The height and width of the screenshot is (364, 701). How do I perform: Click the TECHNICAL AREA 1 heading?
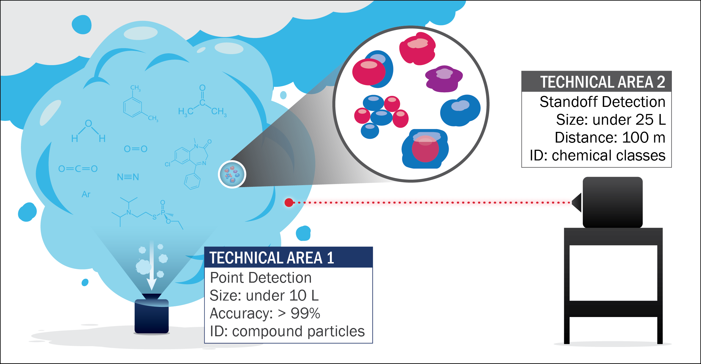[272, 258]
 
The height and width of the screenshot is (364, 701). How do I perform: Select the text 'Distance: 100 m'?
[610, 137]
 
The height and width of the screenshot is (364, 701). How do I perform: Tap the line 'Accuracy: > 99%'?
[265, 313]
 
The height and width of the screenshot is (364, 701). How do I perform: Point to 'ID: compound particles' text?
[287, 331]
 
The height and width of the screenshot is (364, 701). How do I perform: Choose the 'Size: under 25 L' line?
[611, 120]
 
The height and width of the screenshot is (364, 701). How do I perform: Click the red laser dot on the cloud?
[289, 202]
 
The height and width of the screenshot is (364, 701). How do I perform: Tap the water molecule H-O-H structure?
[88, 132]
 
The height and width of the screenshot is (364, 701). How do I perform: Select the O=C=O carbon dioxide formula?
[78, 169]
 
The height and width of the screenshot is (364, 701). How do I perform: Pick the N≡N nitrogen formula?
[128, 177]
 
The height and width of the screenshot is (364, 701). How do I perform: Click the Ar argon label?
[86, 194]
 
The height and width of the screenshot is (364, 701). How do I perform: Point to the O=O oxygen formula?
[136, 149]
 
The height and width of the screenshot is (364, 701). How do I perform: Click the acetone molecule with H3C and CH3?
[202, 103]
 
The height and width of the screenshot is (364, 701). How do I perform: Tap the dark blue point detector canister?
[151, 316]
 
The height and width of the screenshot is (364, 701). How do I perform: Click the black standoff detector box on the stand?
[612, 202]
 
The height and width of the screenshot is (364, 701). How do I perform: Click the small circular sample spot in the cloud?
[232, 174]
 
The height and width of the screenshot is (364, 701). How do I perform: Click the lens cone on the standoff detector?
[577, 202]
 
